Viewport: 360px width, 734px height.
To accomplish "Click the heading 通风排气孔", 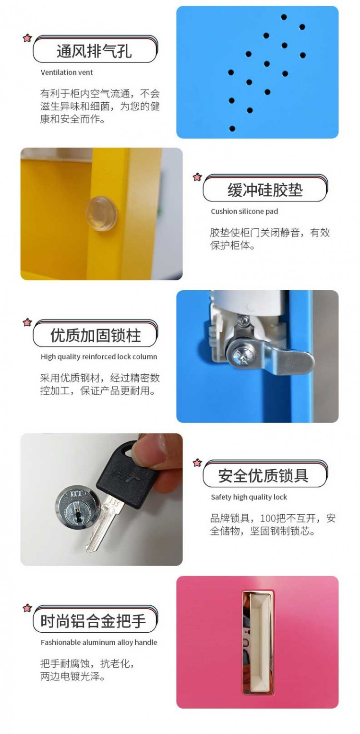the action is point(94,51).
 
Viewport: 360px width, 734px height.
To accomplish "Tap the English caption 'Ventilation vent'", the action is point(67,72).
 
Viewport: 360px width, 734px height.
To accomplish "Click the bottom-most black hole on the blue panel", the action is point(232,129).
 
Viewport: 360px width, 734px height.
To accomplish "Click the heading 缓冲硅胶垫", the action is point(265,190).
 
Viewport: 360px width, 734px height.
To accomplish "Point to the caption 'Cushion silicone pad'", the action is point(244,212).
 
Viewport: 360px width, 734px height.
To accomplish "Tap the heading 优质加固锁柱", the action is point(96,335).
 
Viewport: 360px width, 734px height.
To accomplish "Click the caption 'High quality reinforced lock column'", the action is point(99,356).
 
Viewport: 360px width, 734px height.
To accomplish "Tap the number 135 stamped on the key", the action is point(114,502).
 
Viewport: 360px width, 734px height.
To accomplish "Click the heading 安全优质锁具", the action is point(263,476).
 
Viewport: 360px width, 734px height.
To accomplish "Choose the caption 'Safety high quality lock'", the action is point(249,497).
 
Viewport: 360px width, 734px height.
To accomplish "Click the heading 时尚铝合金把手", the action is point(93,621).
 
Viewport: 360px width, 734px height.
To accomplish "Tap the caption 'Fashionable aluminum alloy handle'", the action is point(99,642).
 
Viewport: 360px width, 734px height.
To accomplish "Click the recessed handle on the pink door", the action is point(258,643).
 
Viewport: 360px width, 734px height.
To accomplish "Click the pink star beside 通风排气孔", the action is point(27,38).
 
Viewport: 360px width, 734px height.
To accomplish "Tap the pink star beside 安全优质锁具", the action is point(197,462).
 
